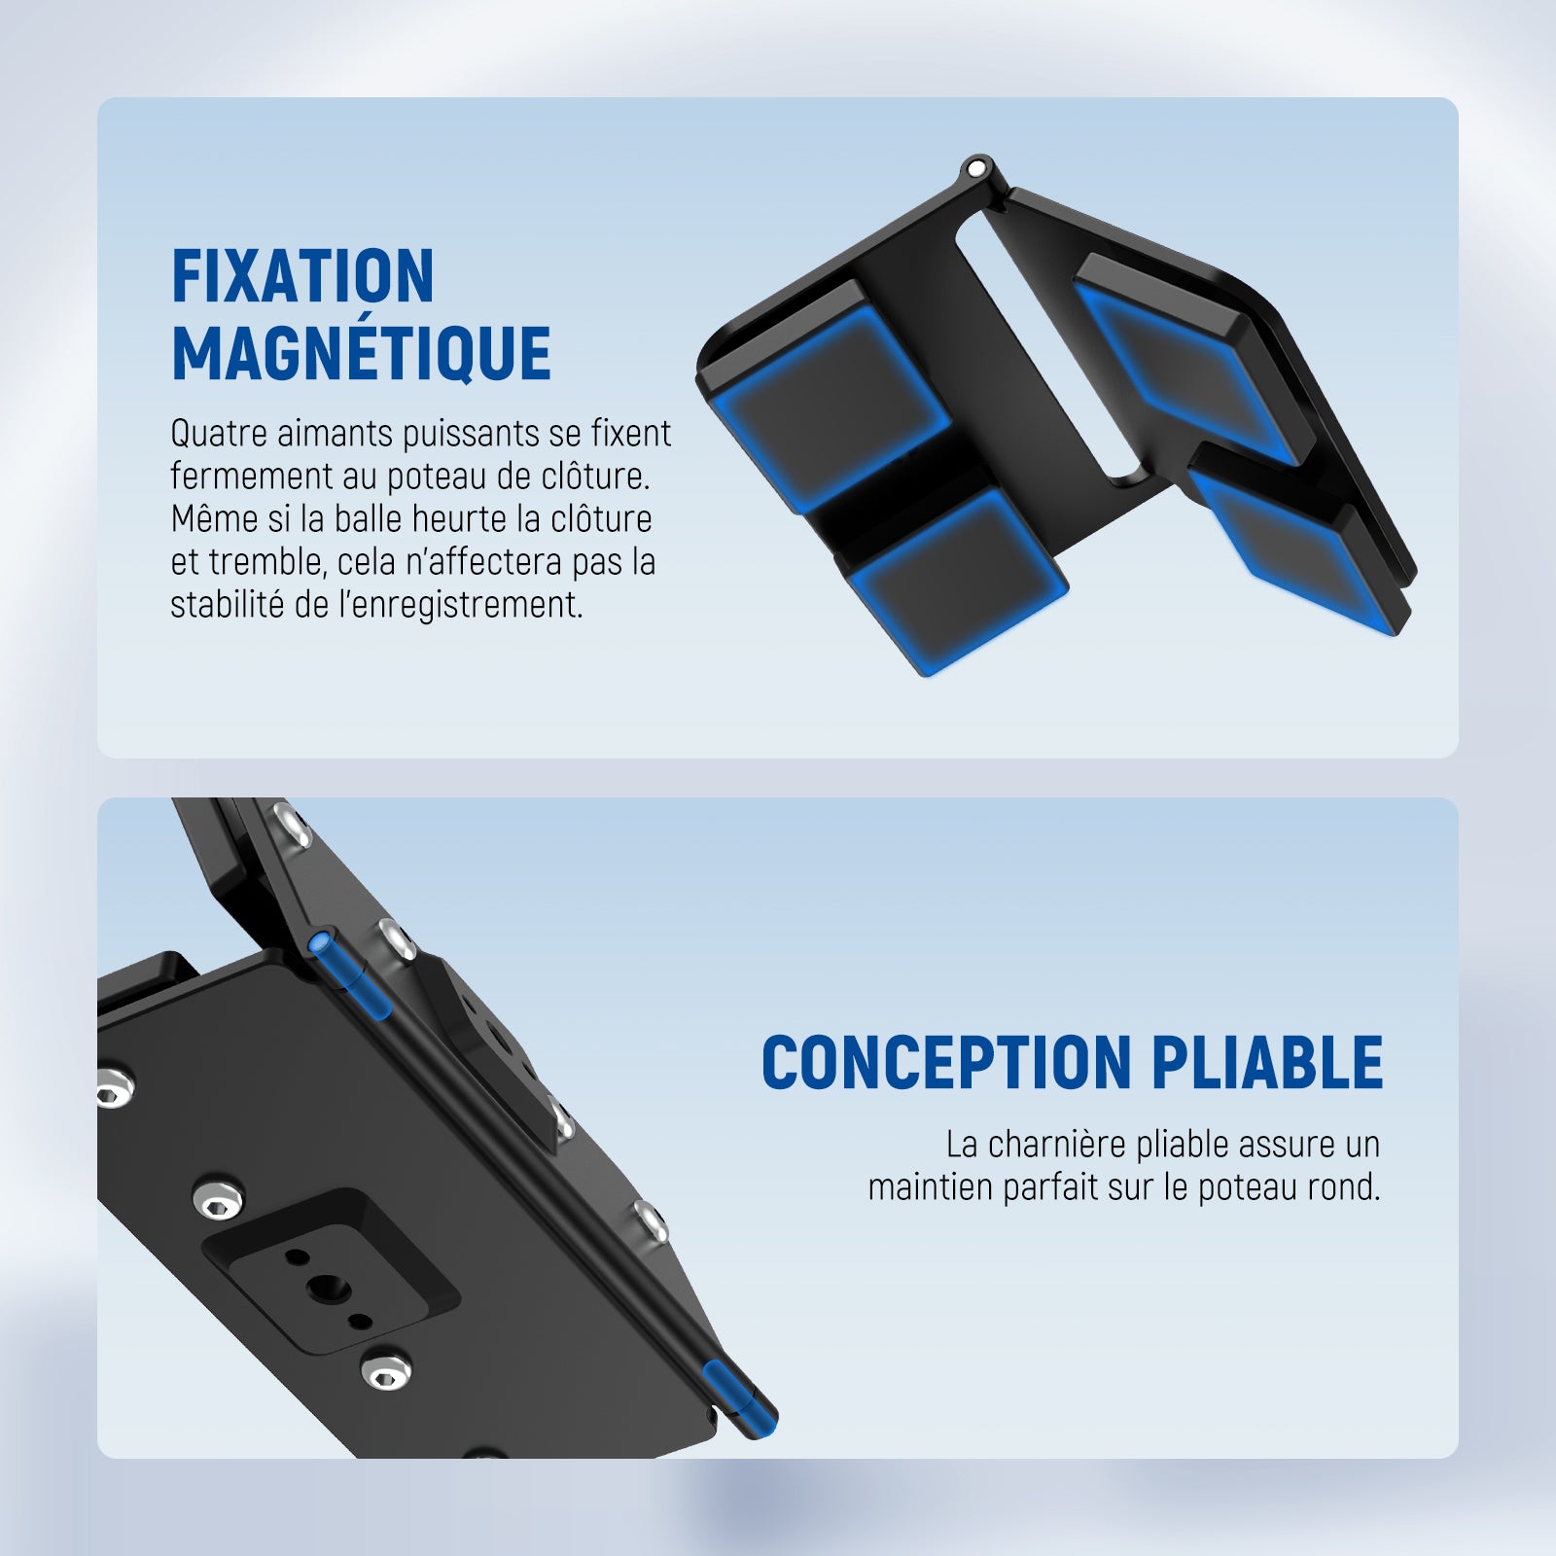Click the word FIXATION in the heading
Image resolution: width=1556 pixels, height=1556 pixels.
(302, 277)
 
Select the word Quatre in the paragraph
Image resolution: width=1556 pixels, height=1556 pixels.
(219, 434)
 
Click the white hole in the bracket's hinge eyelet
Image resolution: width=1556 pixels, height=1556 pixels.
(975, 168)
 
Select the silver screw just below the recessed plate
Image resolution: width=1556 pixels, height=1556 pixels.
(386, 1371)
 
